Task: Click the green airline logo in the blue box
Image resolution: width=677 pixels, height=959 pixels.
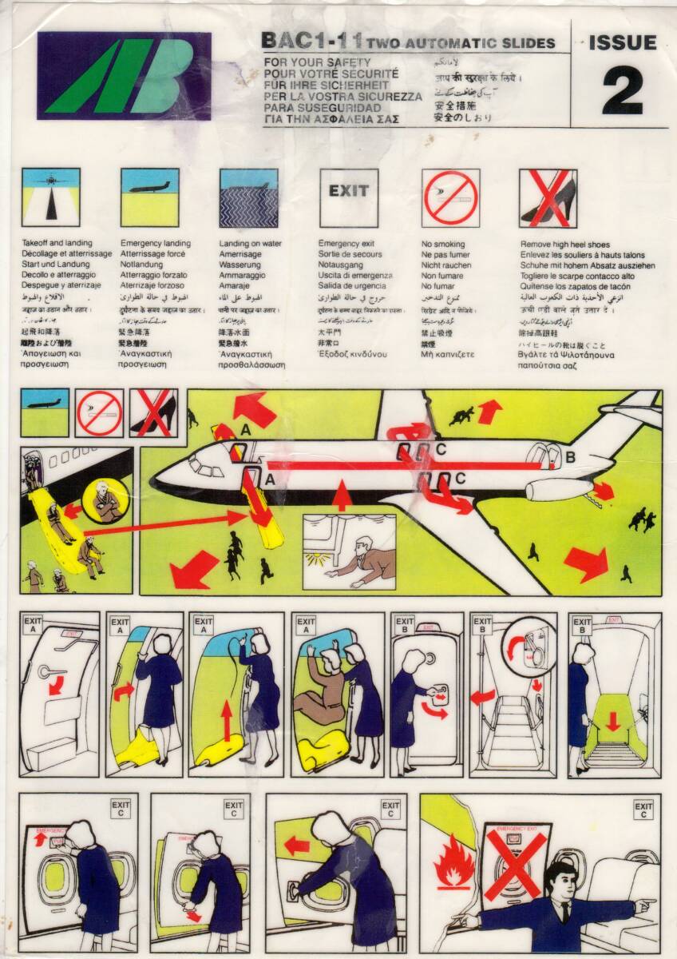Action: point(124,76)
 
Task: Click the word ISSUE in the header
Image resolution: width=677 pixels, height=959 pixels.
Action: point(622,43)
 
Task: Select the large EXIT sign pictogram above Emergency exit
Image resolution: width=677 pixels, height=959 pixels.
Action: point(349,197)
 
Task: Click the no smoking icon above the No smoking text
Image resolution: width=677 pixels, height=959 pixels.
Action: point(450,197)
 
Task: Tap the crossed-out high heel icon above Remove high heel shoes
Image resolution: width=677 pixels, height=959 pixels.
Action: point(548,197)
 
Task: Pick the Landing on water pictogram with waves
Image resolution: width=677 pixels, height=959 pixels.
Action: point(248,197)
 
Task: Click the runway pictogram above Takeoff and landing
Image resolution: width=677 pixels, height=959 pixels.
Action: point(50,197)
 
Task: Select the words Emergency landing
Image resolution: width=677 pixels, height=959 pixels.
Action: point(156,243)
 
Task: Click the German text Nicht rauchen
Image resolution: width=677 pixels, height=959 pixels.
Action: point(446,265)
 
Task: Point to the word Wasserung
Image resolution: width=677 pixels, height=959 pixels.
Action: point(240,265)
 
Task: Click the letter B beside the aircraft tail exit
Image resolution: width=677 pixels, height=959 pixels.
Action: point(570,457)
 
